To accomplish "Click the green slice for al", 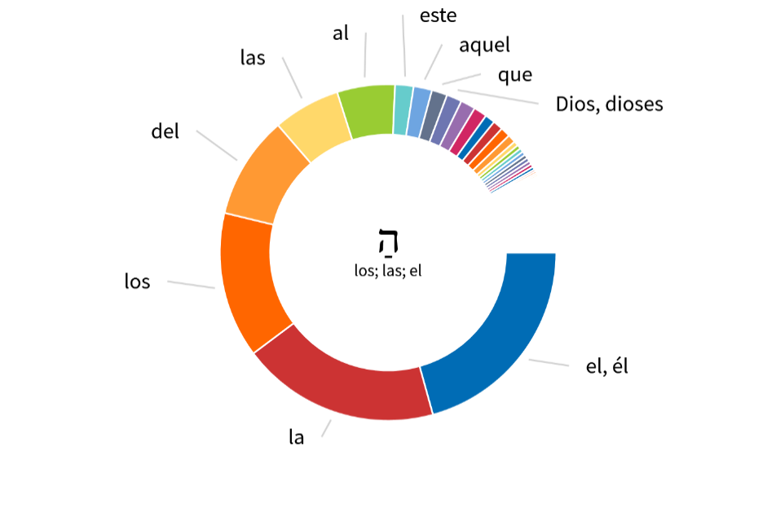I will [367, 110].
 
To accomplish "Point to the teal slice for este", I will [403, 109].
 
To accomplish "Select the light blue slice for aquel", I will [419, 113].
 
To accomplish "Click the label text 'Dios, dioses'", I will [609, 104].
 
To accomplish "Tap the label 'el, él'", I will [607, 367].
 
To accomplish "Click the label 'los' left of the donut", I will [137, 282].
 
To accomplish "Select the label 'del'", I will [165, 131].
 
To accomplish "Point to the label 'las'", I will [253, 58].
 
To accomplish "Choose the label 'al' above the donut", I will [341, 33].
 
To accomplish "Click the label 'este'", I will [438, 16].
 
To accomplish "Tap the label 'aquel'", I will [484, 46].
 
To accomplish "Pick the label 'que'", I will [515, 75].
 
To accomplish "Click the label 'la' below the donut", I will [297, 437].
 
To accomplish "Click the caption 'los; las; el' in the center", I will [388, 271].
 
